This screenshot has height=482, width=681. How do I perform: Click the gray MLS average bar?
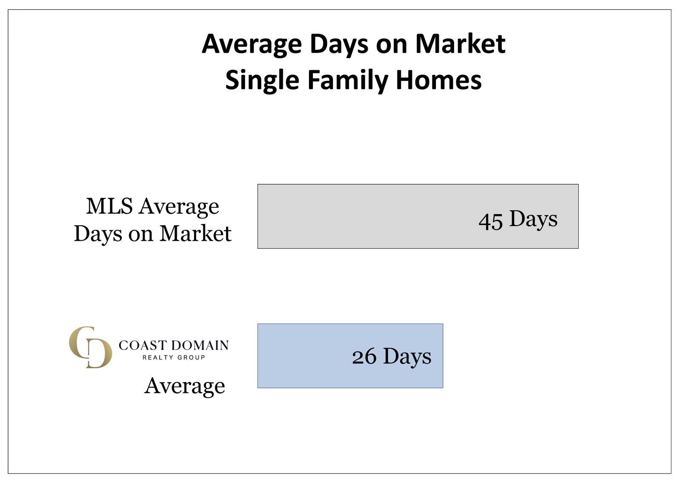point(418,216)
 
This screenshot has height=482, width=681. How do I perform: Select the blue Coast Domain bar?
point(350,356)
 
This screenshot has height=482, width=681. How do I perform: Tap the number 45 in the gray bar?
point(490,221)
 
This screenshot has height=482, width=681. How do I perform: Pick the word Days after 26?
point(407,356)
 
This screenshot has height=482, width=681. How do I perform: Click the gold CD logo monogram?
point(90,347)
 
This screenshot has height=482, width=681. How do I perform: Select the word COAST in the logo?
point(143,345)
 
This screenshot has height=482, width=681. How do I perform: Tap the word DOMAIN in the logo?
point(200,345)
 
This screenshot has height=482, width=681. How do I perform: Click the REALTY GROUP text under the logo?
point(174,357)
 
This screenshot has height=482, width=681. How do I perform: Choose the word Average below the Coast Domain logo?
point(185,387)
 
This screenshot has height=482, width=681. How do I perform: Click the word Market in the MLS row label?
point(195,234)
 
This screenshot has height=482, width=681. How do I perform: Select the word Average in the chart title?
point(252,45)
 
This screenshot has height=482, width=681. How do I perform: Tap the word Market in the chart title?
point(460,44)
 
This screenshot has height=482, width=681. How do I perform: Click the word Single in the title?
point(262,80)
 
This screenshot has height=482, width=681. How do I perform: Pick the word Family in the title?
point(348,80)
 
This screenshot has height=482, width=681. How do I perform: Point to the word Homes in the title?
point(439,80)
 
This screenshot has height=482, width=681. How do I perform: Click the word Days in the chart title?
point(339,45)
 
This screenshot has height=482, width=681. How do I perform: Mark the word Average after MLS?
point(179,207)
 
